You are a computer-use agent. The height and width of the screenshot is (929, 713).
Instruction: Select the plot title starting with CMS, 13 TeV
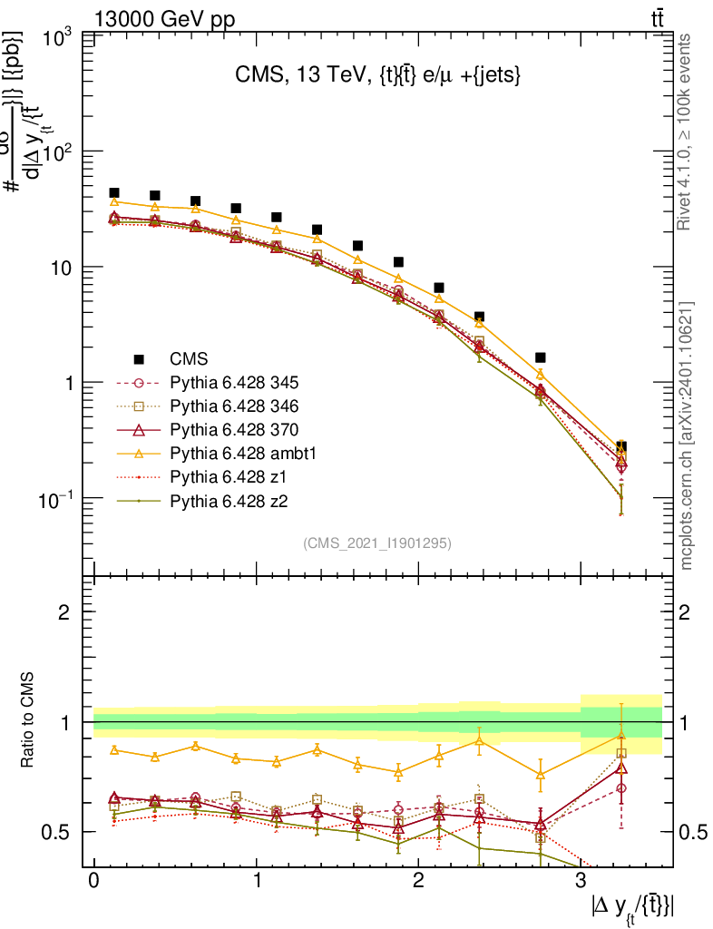click(376, 76)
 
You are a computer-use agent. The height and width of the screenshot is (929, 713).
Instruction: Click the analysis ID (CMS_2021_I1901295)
click(376, 543)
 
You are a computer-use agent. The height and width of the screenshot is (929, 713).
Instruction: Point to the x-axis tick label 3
click(580, 880)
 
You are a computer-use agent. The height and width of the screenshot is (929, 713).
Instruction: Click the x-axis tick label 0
click(93, 880)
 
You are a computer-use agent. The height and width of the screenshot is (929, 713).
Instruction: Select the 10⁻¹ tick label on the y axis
click(56, 498)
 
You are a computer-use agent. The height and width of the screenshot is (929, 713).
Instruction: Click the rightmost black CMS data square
click(621, 447)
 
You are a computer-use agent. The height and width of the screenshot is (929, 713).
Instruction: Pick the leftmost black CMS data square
click(114, 193)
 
